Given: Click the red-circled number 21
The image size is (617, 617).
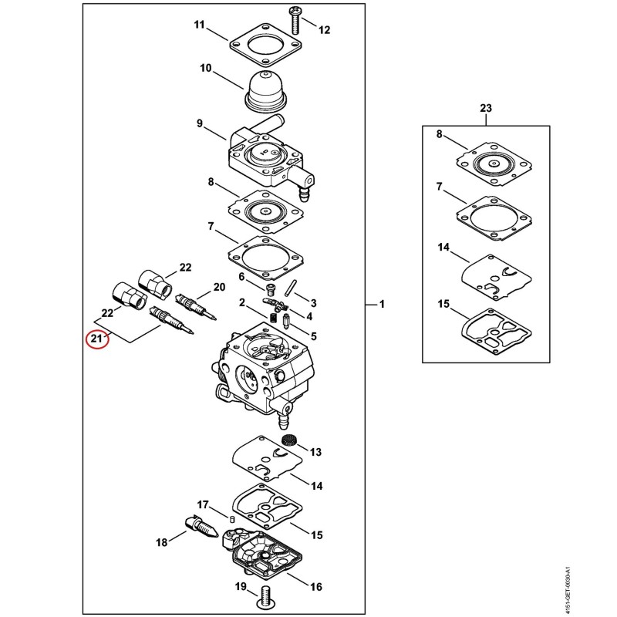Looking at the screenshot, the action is [97, 339].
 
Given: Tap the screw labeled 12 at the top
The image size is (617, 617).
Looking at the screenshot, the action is [295, 20].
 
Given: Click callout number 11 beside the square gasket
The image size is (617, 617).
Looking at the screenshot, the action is [200, 25].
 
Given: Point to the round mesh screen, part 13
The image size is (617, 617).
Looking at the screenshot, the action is [289, 440].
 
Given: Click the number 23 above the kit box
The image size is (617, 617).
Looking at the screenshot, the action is [486, 108].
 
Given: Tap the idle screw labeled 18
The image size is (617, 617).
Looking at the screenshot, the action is [201, 528].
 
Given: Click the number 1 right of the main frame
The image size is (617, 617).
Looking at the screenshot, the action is [382, 304].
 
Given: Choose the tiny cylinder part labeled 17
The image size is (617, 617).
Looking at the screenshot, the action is [232, 519].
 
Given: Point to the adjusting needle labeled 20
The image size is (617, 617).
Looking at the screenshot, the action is [196, 307].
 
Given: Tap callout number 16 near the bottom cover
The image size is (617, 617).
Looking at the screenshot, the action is [316, 587].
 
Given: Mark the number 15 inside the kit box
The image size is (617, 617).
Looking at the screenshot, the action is [443, 304].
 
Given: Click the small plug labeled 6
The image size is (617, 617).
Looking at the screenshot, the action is [271, 290].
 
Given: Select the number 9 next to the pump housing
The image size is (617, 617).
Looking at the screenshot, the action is [200, 123].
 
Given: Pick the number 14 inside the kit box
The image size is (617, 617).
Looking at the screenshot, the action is [443, 248].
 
